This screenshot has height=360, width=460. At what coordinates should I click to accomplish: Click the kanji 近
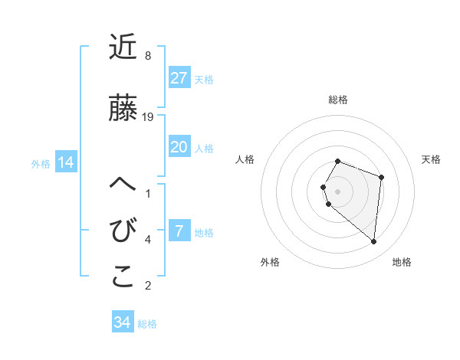coord(123,48)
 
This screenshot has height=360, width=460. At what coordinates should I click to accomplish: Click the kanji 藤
coord(123,109)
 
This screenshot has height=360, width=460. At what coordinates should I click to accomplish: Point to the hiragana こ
coord(123,277)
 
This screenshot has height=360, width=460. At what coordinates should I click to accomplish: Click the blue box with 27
coord(179,78)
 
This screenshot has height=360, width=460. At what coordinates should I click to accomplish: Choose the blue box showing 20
coord(179,147)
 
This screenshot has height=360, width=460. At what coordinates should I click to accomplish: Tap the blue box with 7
coord(179,231)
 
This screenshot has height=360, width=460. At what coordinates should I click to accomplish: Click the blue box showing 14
coord(65,162)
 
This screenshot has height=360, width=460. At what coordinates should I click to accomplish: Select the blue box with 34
coord(123,322)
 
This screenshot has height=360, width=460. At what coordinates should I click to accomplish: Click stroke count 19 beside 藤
coord(149,117)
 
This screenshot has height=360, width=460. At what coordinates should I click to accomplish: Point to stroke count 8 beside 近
coord(147,56)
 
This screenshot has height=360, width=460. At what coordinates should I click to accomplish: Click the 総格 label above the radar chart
coord(338,100)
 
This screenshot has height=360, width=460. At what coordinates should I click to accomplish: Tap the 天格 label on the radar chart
coord(432,159)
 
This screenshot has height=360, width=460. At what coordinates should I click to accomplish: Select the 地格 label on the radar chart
coord(402,262)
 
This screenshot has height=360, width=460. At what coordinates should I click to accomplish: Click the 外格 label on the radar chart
coord(270,262)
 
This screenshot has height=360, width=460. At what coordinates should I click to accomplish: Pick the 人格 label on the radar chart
coord(245,159)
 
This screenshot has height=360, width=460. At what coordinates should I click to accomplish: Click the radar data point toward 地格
coord(374,241)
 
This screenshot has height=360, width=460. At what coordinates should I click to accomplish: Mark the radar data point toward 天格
coord(382,177)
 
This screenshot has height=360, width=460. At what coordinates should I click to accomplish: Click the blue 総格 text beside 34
coord(147,324)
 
